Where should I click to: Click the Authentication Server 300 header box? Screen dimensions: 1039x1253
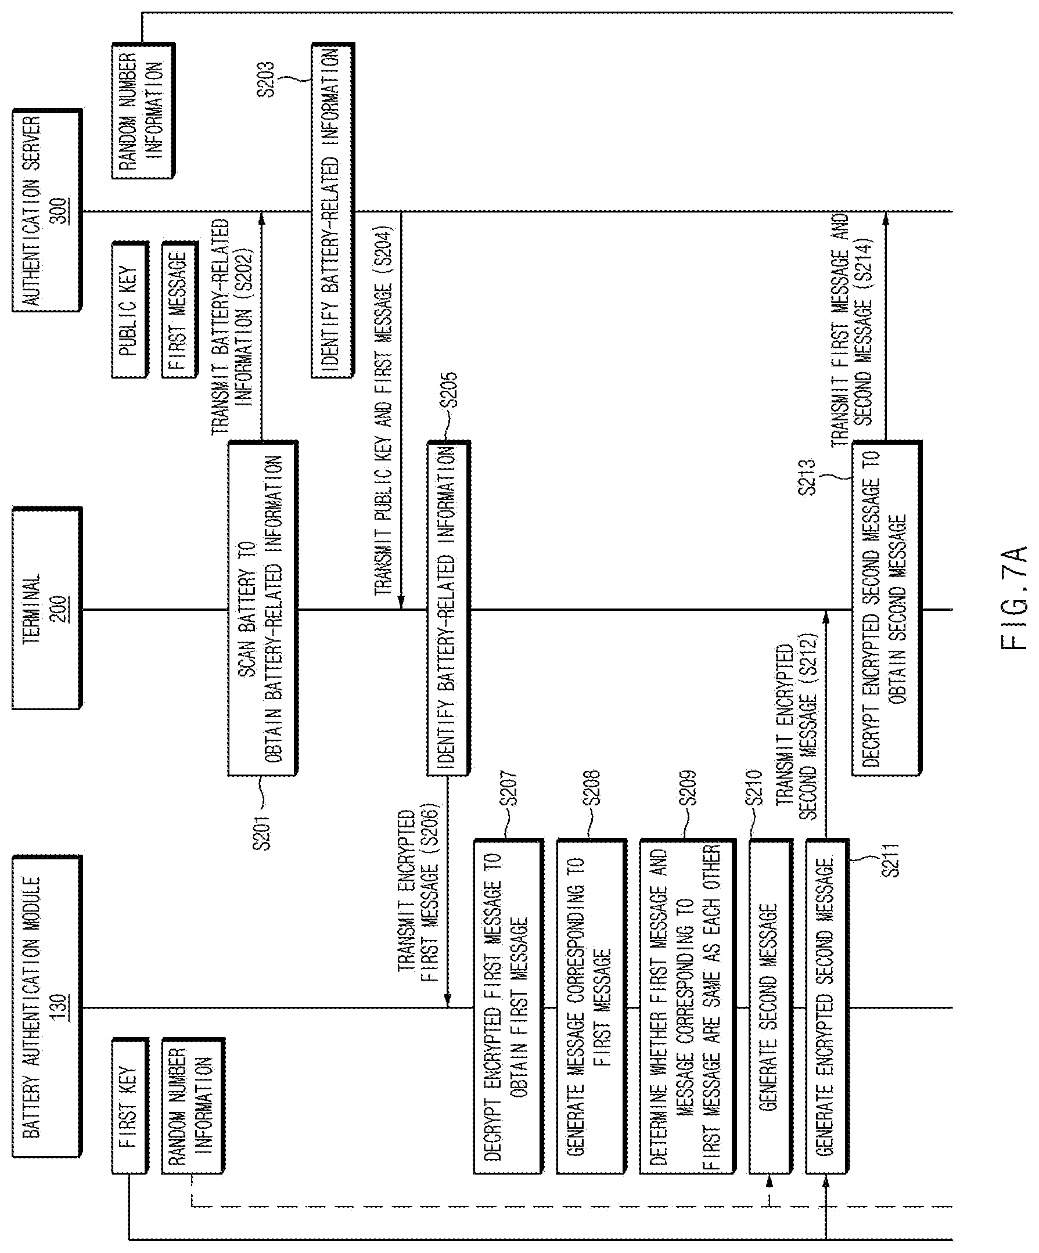(x=46, y=210)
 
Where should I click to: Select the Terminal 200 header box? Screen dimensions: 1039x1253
(x=46, y=608)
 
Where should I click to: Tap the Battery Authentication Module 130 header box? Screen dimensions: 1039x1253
(x=46, y=1006)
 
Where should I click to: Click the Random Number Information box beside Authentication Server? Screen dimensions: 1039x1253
(x=143, y=110)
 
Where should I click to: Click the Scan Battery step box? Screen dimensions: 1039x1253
(x=263, y=608)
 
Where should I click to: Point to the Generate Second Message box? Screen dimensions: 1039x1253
(x=771, y=1007)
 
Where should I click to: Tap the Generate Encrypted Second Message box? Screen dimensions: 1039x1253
(x=827, y=1007)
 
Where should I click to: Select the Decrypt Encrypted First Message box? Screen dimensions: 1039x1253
(x=508, y=1007)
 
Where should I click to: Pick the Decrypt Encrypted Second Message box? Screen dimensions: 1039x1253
(x=887, y=608)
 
